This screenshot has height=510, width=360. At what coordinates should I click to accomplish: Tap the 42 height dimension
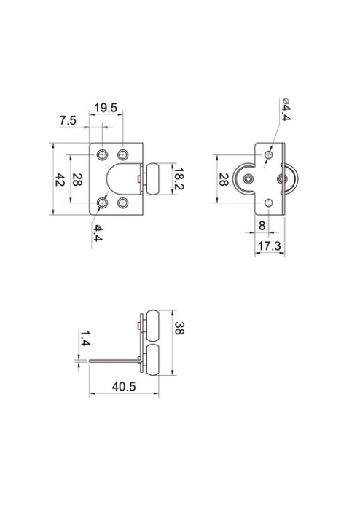[x=60, y=179]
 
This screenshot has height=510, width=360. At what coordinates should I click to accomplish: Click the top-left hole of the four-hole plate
[x=102, y=154]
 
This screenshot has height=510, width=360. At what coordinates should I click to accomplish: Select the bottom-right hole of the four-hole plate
[x=122, y=204]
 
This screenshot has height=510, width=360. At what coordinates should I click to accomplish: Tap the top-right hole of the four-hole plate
[x=122, y=154]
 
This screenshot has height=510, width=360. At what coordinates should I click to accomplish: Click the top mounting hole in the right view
[x=270, y=156]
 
